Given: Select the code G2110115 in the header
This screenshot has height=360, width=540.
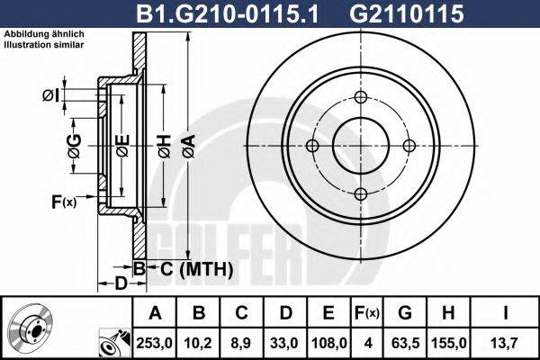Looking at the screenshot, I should click(390, 13).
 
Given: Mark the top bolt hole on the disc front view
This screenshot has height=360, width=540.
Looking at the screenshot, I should click(361, 99).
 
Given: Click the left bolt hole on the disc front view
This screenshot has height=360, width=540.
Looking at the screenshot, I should click(313, 147).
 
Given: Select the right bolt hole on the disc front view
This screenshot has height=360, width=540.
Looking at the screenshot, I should click(409, 147).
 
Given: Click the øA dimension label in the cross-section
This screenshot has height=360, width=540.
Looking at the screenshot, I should click(188, 145).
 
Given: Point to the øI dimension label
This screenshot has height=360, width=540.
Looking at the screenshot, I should click(50, 96).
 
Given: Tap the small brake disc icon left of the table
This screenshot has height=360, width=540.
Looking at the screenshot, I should click(34, 327).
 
